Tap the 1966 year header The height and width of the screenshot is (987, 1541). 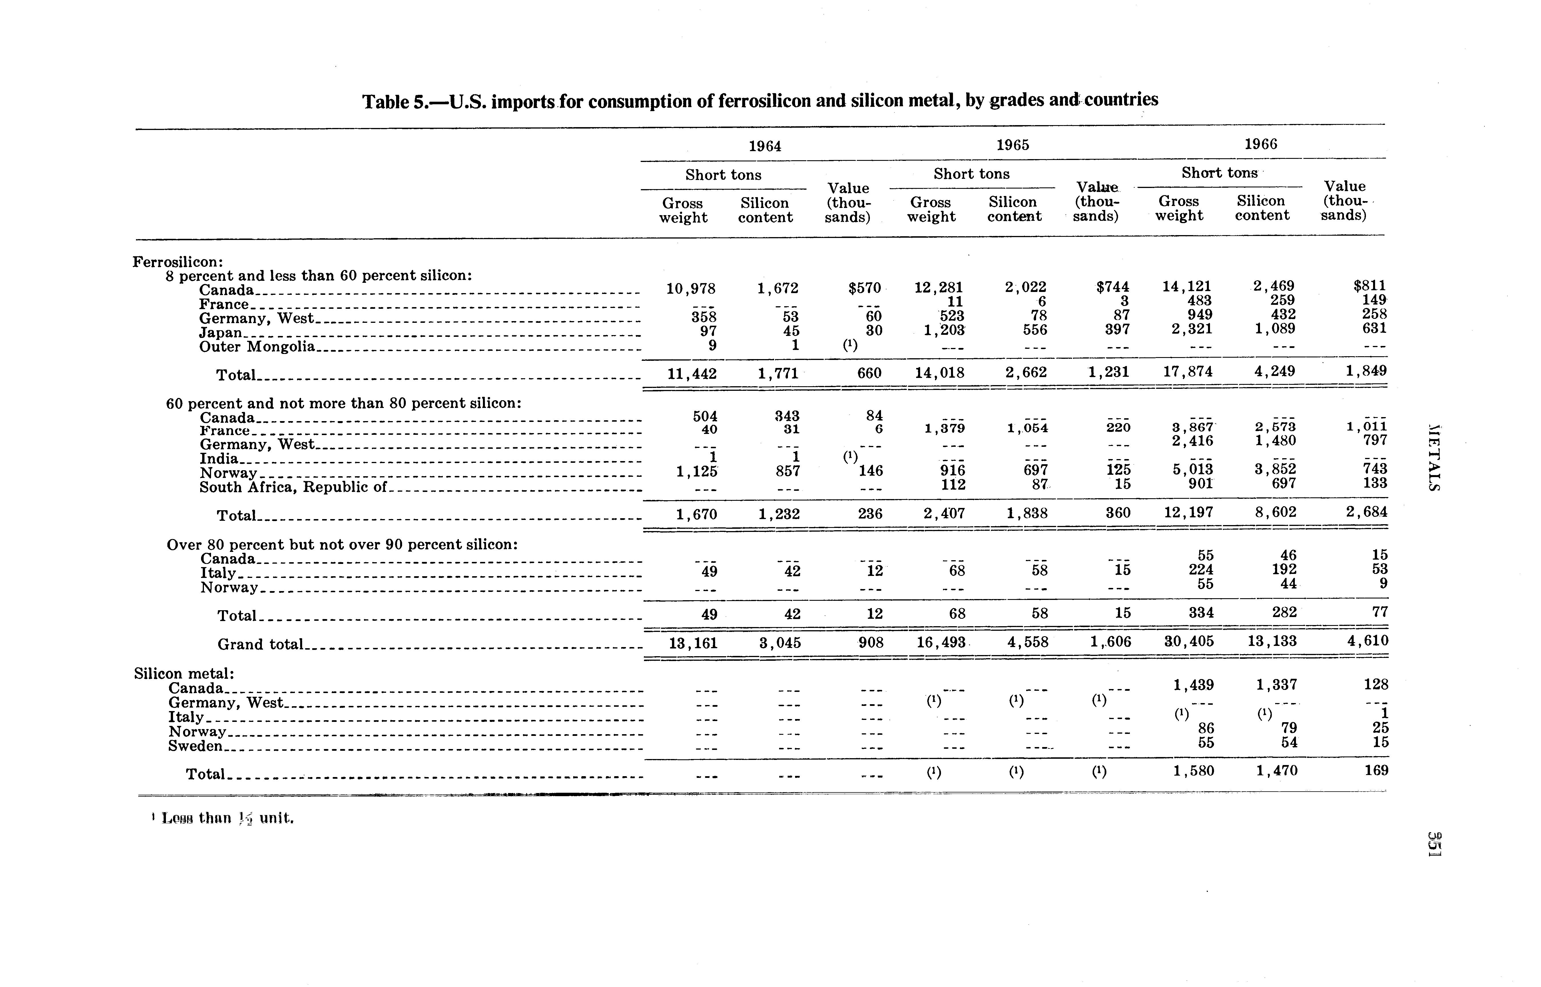coord(1260,144)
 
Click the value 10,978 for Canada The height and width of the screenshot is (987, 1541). coord(691,289)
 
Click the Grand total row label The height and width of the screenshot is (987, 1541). coord(260,644)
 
